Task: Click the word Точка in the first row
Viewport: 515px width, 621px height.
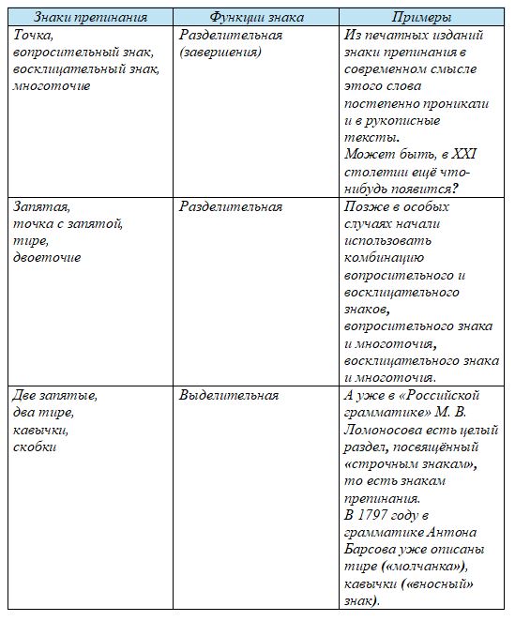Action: (33, 35)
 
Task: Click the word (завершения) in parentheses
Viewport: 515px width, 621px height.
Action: (220, 52)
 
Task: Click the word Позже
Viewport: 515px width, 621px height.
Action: (364, 206)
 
